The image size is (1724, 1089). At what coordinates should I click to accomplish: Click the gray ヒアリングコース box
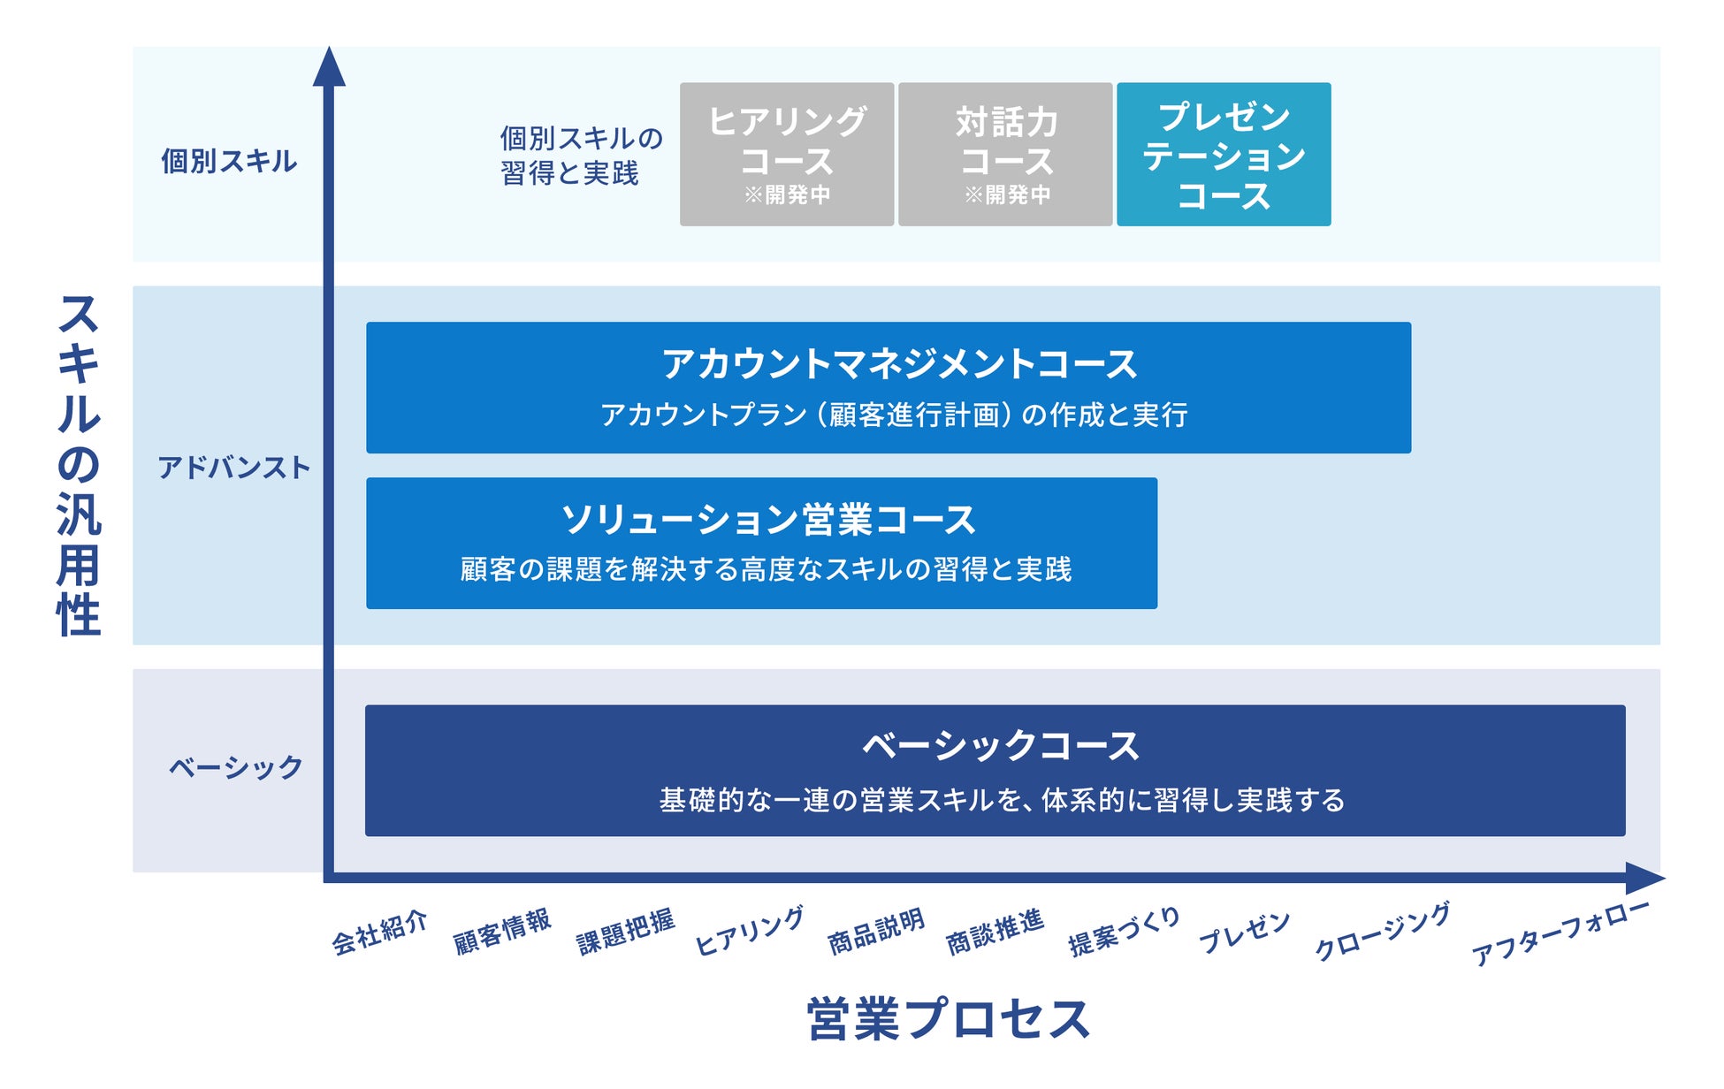point(786,154)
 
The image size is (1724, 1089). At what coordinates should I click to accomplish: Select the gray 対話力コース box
point(1005,154)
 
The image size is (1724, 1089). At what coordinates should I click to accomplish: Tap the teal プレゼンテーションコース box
point(1224,154)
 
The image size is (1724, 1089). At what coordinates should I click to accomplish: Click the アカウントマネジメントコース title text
point(899,364)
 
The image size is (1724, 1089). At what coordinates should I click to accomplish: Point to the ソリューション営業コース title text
point(768,520)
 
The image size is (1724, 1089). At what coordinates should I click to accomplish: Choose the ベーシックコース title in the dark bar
point(1000,746)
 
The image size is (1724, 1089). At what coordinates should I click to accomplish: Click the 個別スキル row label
point(229,161)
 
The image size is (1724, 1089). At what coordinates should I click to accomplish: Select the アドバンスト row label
point(233,467)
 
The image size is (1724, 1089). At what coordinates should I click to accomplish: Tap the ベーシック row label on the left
point(235,767)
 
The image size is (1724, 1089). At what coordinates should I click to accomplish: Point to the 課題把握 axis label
point(625,932)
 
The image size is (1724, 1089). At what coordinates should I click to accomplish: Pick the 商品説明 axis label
point(875,932)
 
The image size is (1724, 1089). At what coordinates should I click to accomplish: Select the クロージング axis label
point(1382,931)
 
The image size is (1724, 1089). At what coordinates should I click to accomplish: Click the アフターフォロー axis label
point(1560,933)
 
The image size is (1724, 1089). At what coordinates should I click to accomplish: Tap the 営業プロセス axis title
point(949,1019)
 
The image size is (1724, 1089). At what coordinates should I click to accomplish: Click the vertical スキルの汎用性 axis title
point(79,465)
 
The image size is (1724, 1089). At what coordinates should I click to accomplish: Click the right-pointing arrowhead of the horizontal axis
point(1644,878)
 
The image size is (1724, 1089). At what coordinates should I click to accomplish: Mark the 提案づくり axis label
point(1124,932)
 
